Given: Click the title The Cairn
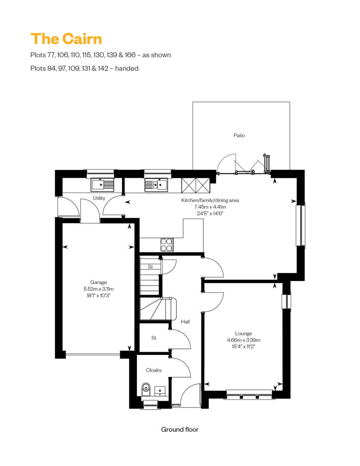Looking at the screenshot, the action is [x=66, y=39].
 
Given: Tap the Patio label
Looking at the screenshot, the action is [x=239, y=135].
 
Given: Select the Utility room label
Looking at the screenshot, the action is [x=99, y=198].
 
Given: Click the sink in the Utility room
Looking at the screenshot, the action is [x=102, y=185].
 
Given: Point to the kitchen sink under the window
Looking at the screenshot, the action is [x=156, y=185].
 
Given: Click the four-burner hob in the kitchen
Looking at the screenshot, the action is [x=167, y=245].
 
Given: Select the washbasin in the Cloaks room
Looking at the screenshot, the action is [x=160, y=391].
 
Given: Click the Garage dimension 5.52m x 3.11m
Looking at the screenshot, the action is [x=99, y=289].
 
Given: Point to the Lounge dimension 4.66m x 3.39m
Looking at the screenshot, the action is [x=243, y=340].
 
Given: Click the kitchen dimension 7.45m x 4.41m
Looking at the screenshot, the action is [x=210, y=207].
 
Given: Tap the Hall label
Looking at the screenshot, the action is [x=185, y=322].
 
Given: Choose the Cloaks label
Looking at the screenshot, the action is [x=154, y=370].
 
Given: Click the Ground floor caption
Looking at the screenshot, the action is [x=180, y=430].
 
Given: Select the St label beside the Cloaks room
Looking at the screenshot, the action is [x=154, y=338].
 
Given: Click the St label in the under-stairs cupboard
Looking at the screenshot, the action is [x=150, y=267].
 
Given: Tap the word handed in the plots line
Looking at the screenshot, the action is [x=126, y=68].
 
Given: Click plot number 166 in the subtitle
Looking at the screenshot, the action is [x=130, y=55].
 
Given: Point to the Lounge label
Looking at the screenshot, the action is [x=243, y=333].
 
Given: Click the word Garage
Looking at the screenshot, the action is [x=99, y=282].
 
